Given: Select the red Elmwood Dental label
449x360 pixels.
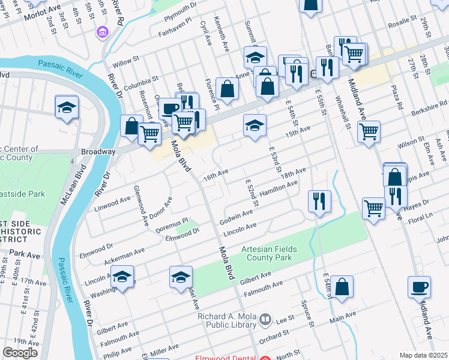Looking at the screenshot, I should click(x=226, y=358).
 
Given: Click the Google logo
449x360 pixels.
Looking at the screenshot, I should click(x=20, y=353).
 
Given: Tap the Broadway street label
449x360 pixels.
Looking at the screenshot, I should click(x=98, y=152).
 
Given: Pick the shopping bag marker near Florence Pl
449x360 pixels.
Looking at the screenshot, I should click(x=228, y=89).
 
